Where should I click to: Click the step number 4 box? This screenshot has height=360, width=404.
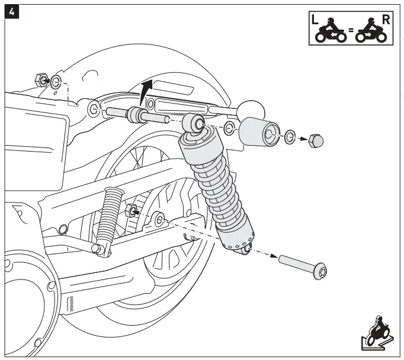pos(11,11)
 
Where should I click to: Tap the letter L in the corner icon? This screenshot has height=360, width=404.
pos(316,20)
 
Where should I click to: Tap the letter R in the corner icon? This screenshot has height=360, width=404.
pos(386,19)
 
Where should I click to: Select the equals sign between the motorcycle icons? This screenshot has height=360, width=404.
pos(350,34)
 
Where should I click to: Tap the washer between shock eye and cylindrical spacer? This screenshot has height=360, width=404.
pos(229,128)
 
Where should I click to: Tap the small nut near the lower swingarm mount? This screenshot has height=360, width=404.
pos(132,210)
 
